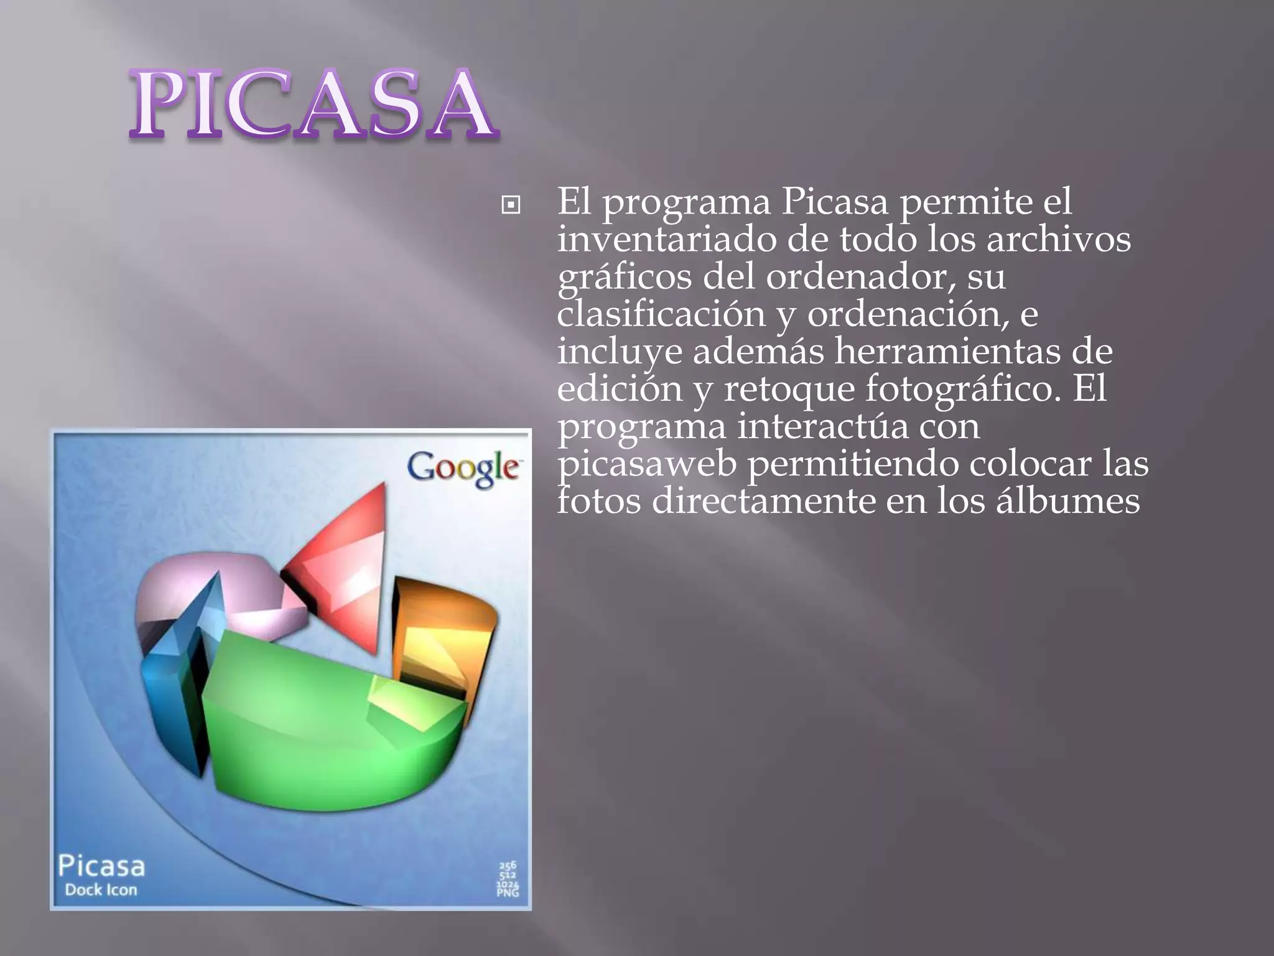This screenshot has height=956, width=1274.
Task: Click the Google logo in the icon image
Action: pos(463,468)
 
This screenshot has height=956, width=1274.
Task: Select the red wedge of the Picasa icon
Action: pos(348,573)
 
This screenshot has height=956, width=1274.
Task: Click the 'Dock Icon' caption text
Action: pos(101,890)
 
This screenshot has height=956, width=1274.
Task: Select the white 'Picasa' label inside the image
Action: pos(101,866)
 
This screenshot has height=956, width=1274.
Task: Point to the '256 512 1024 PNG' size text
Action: pos(508,879)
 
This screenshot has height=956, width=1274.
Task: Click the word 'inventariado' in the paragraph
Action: pos(666,240)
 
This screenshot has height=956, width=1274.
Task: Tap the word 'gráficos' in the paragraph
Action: pos(624,278)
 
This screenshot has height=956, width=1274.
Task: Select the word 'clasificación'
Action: pos(661,315)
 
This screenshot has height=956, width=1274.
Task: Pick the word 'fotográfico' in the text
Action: pos(962,390)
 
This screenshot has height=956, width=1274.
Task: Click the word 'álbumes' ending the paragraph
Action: pos(1067,502)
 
